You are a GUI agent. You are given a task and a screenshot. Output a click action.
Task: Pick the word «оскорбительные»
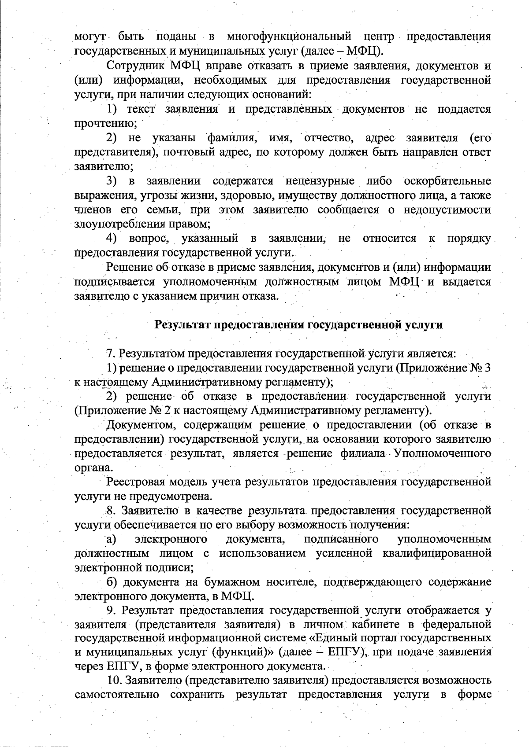[447, 181]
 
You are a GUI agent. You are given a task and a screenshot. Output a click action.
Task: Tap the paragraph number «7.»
[111, 353]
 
